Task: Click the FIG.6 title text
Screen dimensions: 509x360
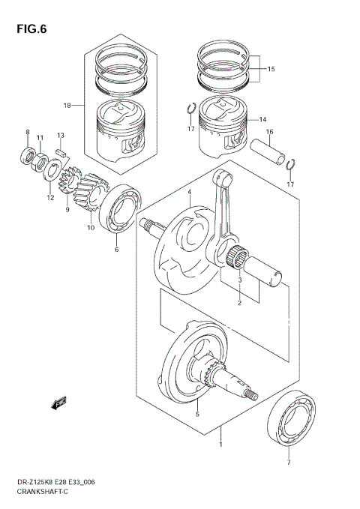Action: (x=29, y=30)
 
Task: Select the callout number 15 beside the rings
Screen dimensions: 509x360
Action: (x=270, y=69)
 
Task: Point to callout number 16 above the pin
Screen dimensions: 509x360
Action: (x=268, y=132)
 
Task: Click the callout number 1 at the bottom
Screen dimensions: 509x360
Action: (x=220, y=445)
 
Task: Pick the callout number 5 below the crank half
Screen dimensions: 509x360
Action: (x=197, y=414)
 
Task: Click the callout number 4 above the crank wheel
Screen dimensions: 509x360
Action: (x=190, y=193)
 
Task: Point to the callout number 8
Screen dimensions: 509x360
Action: (x=28, y=133)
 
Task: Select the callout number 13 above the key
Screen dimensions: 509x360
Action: (x=61, y=135)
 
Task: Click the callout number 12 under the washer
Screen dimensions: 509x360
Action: (x=51, y=199)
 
